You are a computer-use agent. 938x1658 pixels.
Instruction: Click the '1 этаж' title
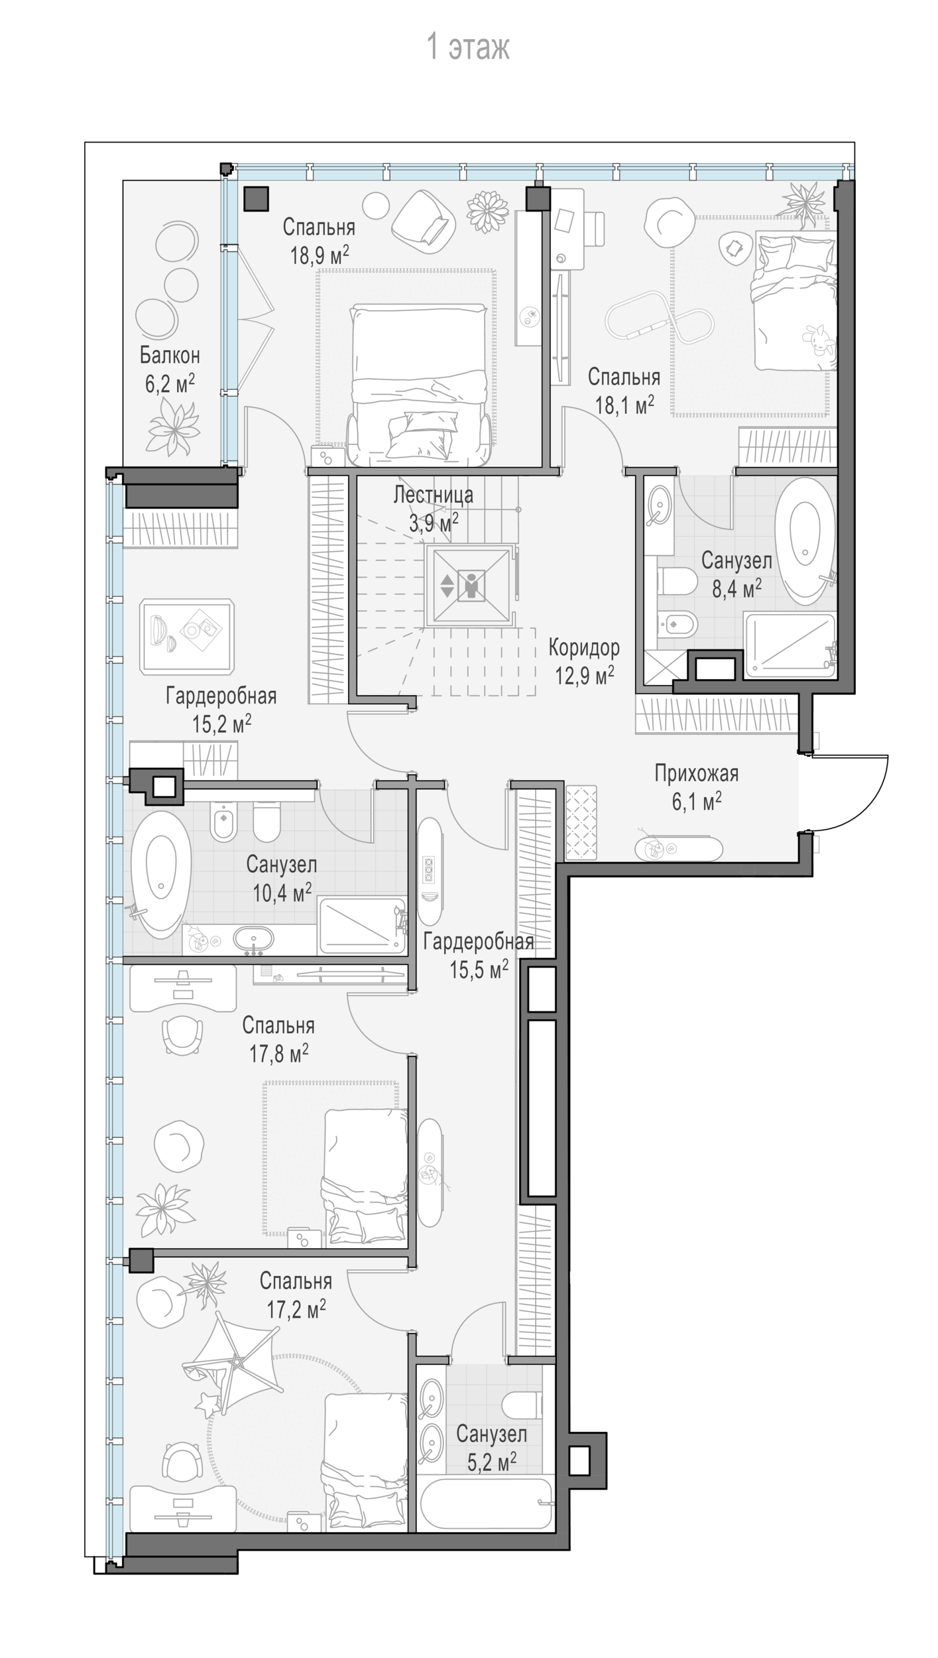pos(468,48)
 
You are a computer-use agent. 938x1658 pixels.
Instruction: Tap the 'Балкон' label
pos(170,355)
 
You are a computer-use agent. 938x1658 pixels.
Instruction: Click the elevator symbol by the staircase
pos(470,585)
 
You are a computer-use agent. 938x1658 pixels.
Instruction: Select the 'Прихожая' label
pos(696,773)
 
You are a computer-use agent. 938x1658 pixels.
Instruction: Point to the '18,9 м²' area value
pos(320,255)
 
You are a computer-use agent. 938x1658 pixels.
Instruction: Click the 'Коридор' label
pos(584,647)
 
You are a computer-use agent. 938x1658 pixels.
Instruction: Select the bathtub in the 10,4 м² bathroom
pos(161,874)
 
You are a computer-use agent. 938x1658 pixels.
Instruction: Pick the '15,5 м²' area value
pos(479,970)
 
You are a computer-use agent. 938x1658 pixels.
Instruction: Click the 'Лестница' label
pos(434,495)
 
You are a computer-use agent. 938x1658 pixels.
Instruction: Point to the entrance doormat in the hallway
pos(581,822)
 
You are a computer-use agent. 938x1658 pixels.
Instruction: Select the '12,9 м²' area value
pos(584,676)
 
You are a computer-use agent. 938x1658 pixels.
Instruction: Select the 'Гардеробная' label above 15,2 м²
pos(221,696)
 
